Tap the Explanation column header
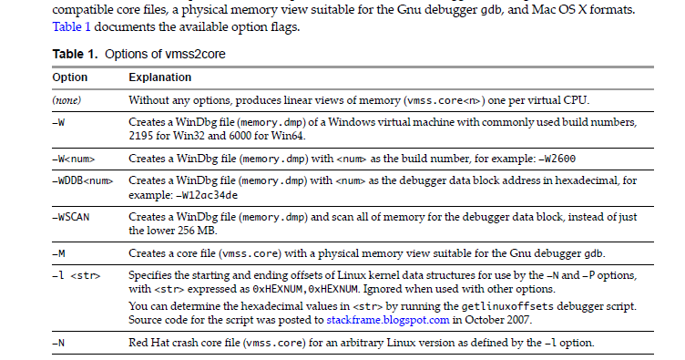[x=160, y=78]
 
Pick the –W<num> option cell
[x=73, y=158]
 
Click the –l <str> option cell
[x=75, y=275]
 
